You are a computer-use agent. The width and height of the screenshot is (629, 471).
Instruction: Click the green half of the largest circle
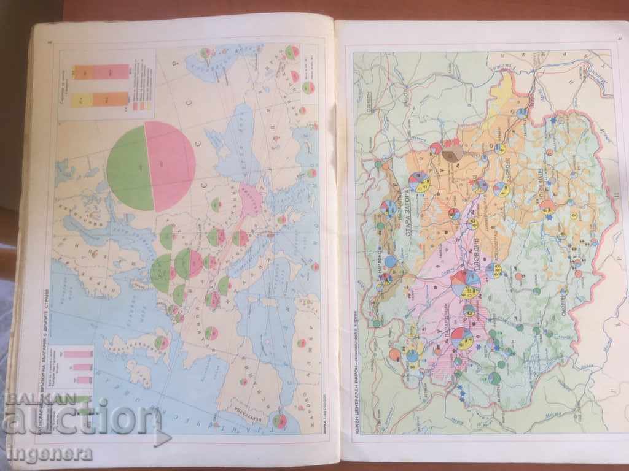[x=127, y=167]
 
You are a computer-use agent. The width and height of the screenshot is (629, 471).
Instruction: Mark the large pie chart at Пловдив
[x=466, y=284]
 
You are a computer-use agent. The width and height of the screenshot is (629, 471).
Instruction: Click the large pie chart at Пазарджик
[x=462, y=338]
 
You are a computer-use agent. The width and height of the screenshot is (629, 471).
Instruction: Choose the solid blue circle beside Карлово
[x=391, y=261]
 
